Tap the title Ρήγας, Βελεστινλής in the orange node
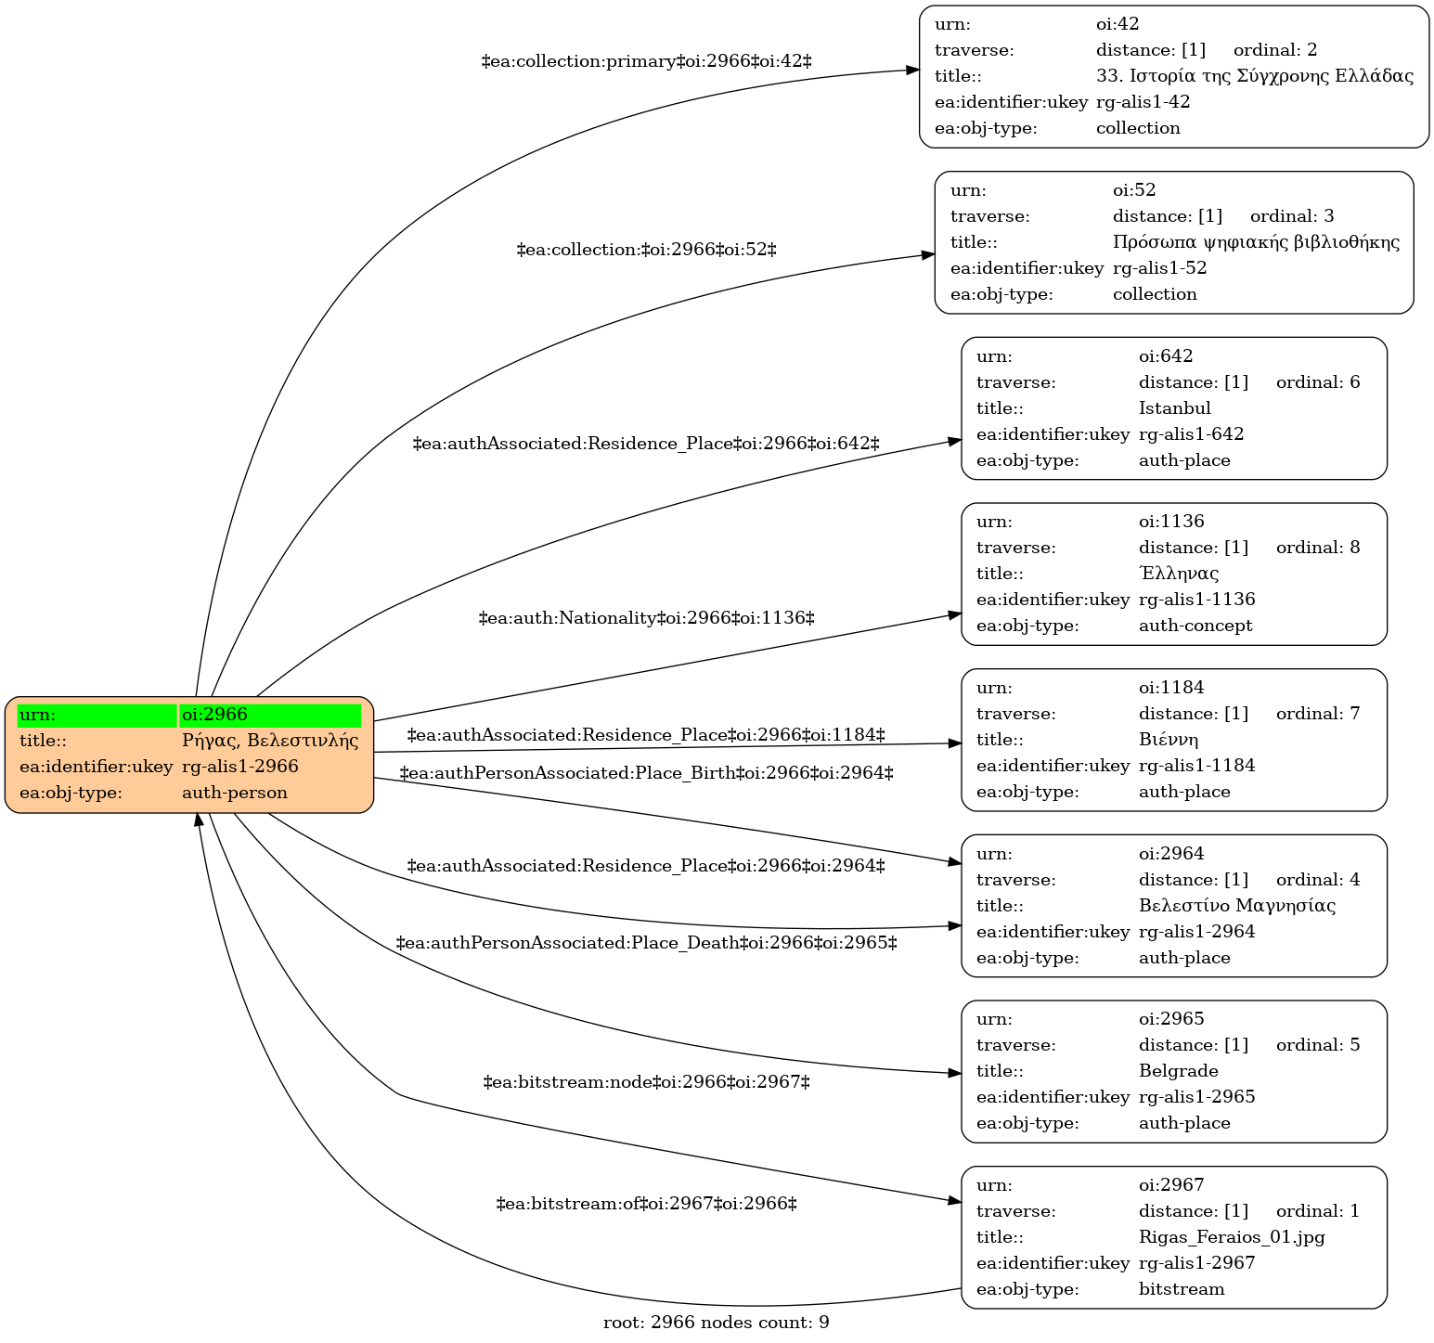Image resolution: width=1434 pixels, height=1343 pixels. pyautogui.click(x=270, y=741)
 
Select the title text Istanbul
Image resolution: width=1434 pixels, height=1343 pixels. pyautogui.click(x=1174, y=408)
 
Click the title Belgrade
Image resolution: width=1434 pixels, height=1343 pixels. pyautogui.click(x=1178, y=1071)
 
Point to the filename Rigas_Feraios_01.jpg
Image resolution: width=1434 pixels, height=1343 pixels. pyautogui.click(x=1232, y=1237)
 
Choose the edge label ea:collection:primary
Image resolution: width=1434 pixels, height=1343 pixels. pyautogui.click(x=646, y=62)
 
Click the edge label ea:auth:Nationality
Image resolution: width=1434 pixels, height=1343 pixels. pyautogui.click(x=646, y=618)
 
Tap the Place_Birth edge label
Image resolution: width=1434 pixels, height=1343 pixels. pyautogui.click(x=646, y=773)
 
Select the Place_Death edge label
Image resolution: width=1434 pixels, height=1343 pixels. pyautogui.click(x=646, y=944)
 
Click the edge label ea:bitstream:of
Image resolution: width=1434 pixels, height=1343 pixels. pyautogui.click(x=646, y=1205)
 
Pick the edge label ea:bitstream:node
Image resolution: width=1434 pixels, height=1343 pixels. pyautogui.click(x=646, y=1082)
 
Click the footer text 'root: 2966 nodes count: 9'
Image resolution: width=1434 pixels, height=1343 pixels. pyautogui.click(x=717, y=1323)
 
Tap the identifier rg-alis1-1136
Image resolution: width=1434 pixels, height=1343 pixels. pyautogui.click(x=1196, y=600)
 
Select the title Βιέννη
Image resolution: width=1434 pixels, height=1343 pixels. pyautogui.click(x=1169, y=740)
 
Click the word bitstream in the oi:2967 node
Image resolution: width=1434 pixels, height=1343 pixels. pyautogui.click(x=1182, y=1289)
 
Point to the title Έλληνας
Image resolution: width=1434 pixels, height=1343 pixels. pyautogui.click(x=1179, y=574)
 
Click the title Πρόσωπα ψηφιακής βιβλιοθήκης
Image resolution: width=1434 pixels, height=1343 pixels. pyautogui.click(x=1256, y=242)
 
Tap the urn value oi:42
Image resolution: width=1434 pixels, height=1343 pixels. pyautogui.click(x=1117, y=24)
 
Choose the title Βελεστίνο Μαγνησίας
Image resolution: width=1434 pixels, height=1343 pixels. pyautogui.click(x=1237, y=906)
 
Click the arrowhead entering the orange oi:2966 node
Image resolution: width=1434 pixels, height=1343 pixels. pyautogui.click(x=198, y=821)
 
